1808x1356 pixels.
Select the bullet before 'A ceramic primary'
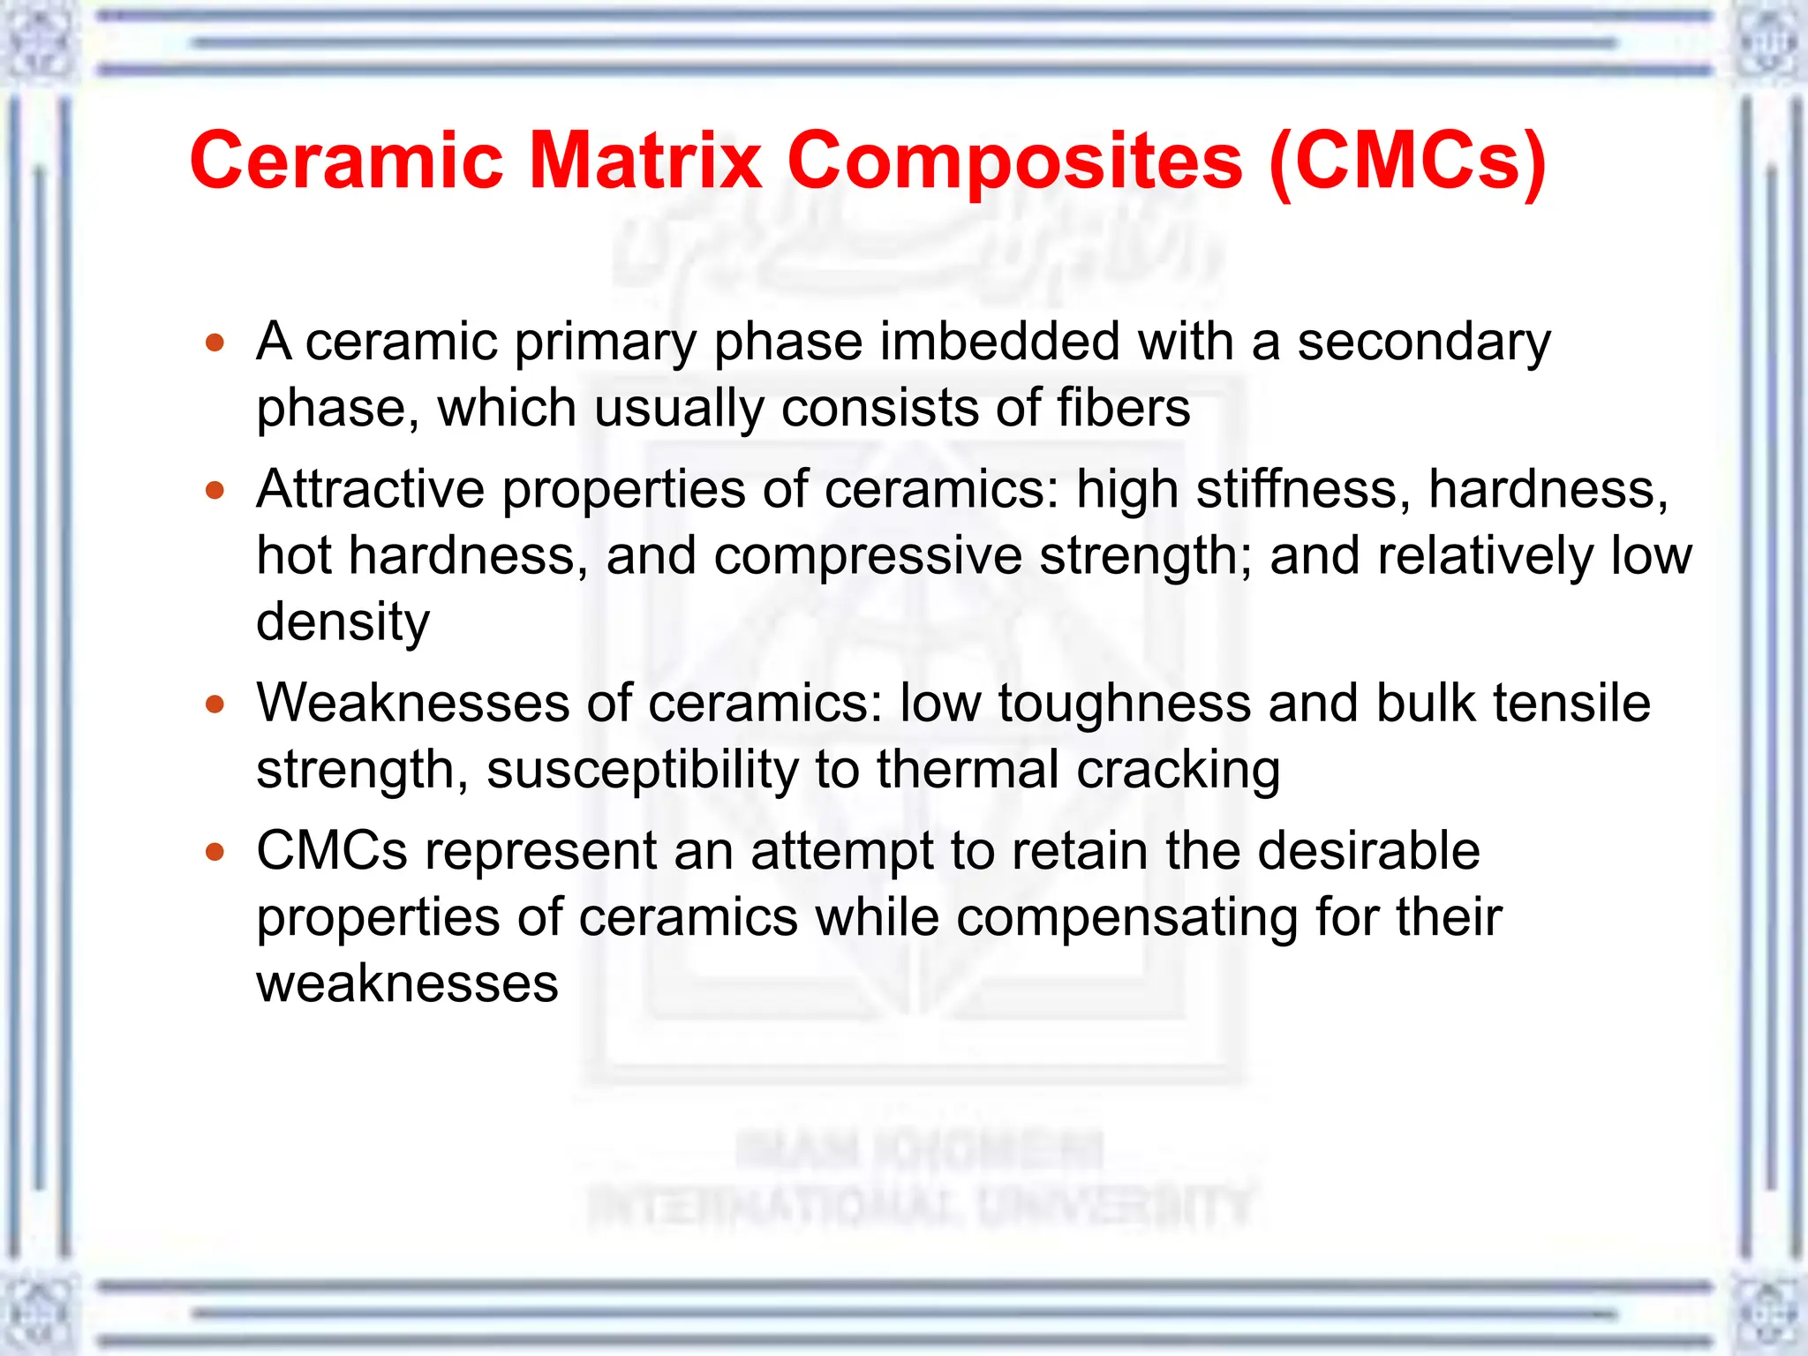coord(215,343)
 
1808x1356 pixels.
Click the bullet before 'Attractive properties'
coord(215,490)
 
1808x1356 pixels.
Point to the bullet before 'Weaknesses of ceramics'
coord(215,704)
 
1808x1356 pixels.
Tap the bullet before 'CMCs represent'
coord(215,852)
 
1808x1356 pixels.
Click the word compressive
coord(867,556)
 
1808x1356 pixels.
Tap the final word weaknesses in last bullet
coord(407,983)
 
